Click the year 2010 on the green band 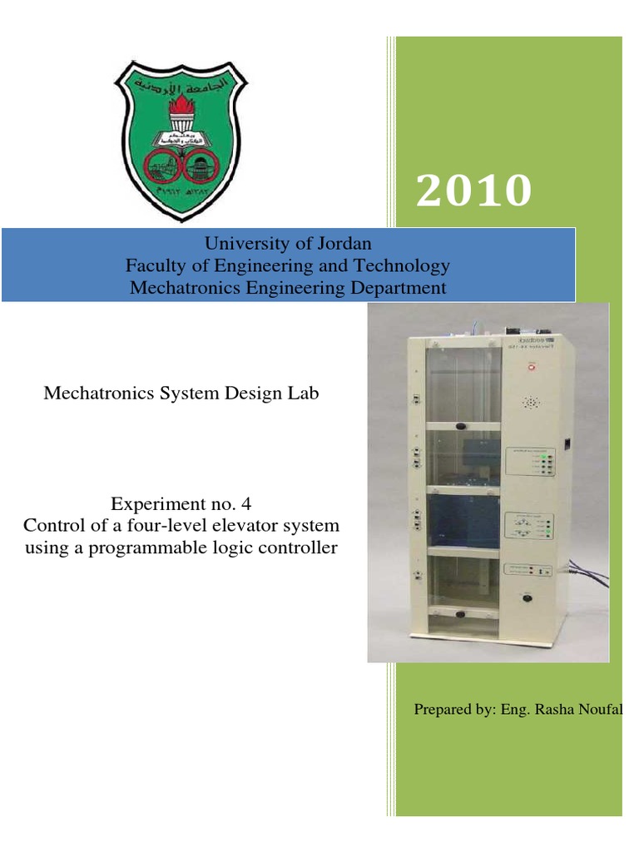click(473, 191)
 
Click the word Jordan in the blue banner click(344, 244)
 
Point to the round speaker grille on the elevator click(529, 403)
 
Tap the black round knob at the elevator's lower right click(525, 597)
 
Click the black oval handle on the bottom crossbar click(459, 615)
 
